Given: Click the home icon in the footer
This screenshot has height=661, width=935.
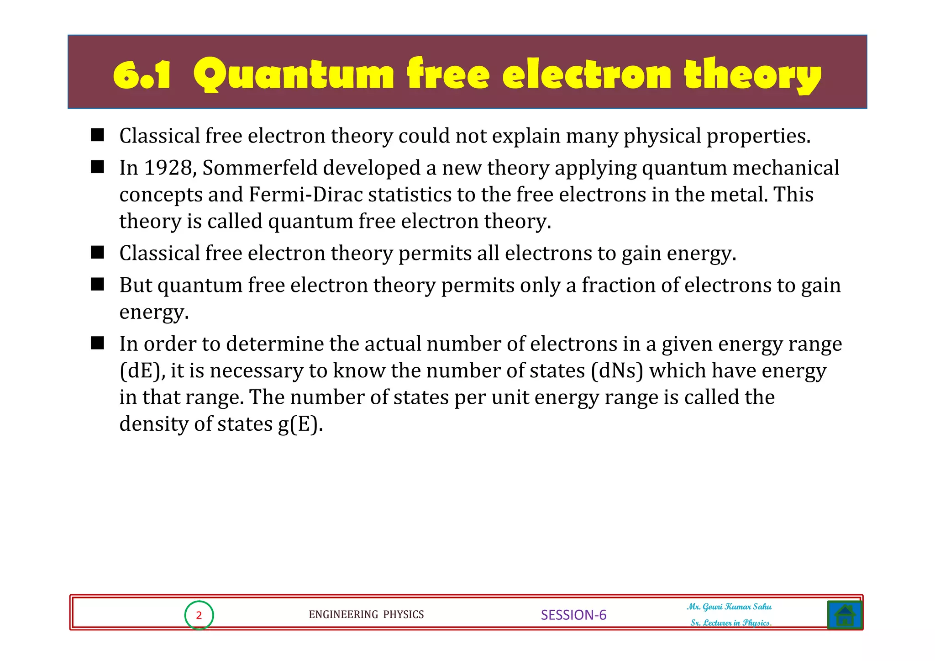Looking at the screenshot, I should coord(845,615).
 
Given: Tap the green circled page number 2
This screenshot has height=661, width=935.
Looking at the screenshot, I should coord(199,615).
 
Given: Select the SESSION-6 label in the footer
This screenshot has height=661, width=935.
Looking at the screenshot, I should coord(573,615).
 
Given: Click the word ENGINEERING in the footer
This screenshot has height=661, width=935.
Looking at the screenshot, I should coord(343,615).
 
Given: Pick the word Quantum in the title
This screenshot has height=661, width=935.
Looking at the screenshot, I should coord(293,74).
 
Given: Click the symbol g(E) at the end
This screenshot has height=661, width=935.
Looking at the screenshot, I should coord(300,424).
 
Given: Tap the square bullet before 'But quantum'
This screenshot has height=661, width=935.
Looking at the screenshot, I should coord(97,285).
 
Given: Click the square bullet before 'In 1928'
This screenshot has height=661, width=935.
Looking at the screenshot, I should coord(97,167).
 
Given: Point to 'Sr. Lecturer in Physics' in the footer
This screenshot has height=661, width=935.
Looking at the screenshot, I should coord(730,623).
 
